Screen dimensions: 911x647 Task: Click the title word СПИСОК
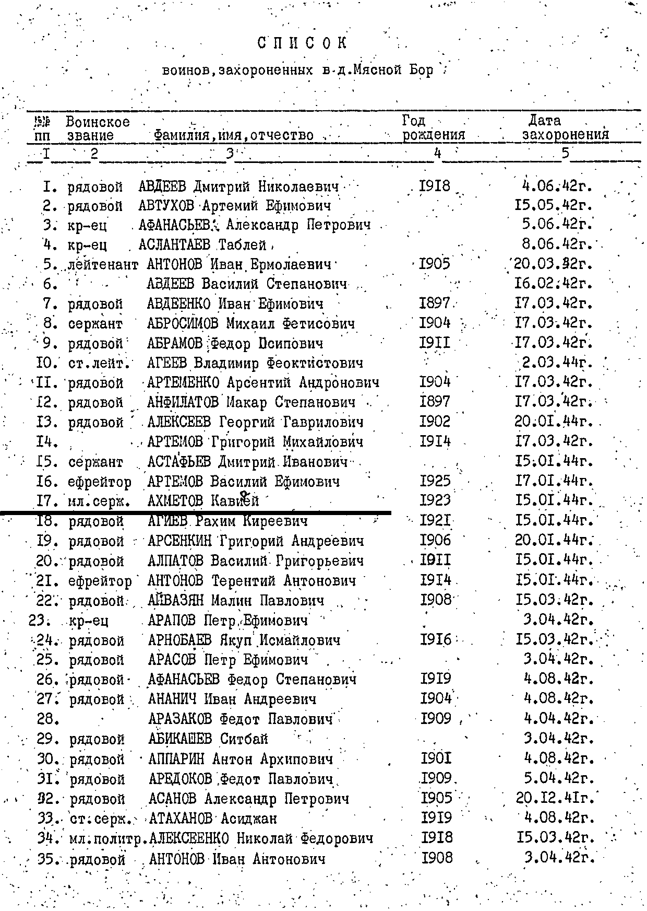click(302, 43)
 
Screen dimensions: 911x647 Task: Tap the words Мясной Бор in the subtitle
click(393, 70)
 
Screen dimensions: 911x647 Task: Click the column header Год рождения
click(433, 128)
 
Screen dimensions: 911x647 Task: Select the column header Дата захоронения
click(566, 128)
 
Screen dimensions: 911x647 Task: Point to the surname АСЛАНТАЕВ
click(174, 244)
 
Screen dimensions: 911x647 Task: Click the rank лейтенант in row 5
click(103, 265)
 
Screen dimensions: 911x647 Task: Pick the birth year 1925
click(435, 481)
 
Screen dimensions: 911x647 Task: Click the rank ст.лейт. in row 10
click(99, 363)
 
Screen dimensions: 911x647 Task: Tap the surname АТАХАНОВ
click(181, 819)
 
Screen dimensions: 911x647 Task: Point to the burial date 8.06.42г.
click(558, 244)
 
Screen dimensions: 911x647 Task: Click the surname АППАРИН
click(176, 758)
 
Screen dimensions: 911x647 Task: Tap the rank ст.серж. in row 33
click(100, 819)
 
